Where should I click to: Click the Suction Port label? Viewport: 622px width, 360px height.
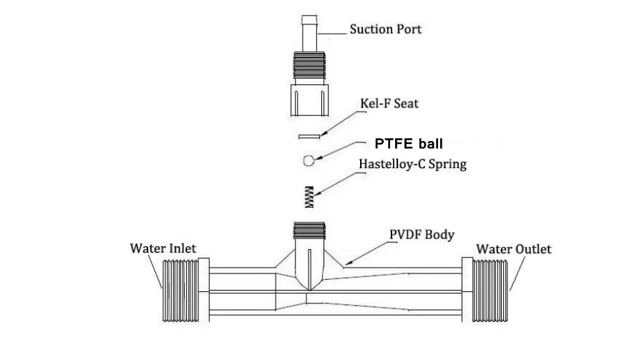pyautogui.click(x=385, y=30)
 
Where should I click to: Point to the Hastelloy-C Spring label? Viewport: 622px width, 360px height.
pyautogui.click(x=412, y=165)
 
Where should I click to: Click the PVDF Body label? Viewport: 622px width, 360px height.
pyautogui.click(x=422, y=234)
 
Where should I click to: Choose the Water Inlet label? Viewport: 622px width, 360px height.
pyautogui.click(x=162, y=249)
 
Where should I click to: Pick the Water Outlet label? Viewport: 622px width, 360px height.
pyautogui.click(x=514, y=249)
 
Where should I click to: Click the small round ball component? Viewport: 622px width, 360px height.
pyautogui.click(x=308, y=160)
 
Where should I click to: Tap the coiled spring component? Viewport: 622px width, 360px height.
pyautogui.click(x=309, y=197)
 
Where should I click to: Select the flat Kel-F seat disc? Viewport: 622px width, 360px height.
pyautogui.click(x=309, y=137)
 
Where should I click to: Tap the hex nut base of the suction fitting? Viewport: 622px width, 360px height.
pyautogui.click(x=309, y=100)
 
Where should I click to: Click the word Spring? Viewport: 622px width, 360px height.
pyautogui.click(x=447, y=165)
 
